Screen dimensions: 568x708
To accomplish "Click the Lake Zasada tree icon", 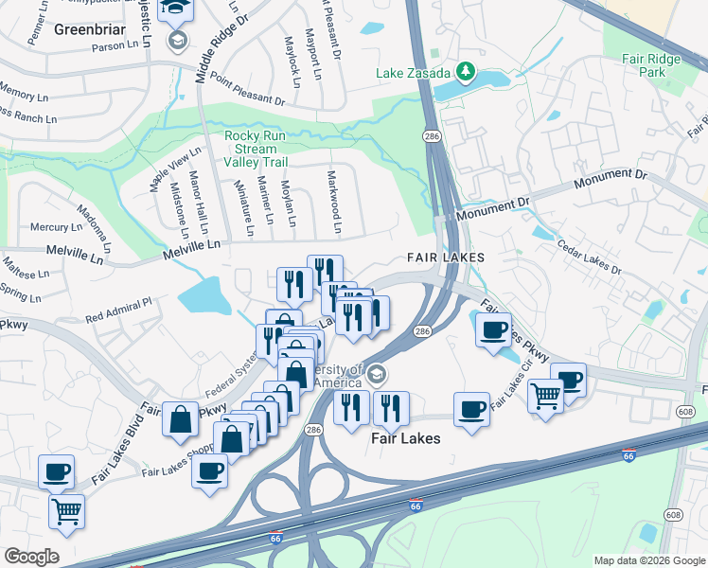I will (465, 71).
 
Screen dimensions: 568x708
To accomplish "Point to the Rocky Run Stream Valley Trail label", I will (251, 149).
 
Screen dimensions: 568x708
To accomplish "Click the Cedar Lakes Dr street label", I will (588, 256).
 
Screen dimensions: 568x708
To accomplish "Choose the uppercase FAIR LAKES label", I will (446, 257).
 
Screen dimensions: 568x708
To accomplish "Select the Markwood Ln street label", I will (332, 202).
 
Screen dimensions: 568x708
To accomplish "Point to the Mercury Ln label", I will (56, 227).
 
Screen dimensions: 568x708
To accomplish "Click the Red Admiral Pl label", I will (118, 306).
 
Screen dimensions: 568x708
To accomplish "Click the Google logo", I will (31, 556).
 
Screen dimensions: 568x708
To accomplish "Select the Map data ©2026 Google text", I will (648, 560).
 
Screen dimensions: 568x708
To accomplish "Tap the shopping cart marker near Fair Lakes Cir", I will (545, 395).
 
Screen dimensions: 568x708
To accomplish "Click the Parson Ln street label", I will (115, 45).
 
